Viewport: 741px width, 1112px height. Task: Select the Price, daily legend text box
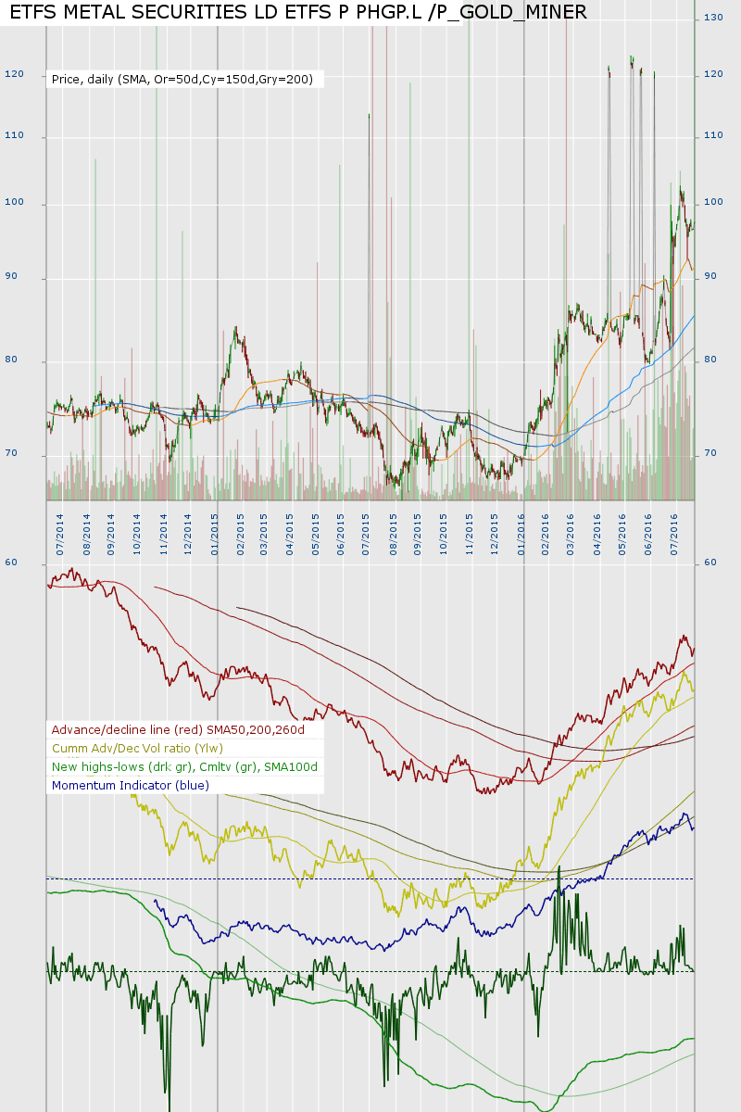tap(184, 80)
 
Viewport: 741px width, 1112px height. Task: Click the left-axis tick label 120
tap(14, 74)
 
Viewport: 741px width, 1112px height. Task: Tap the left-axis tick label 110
tap(14, 136)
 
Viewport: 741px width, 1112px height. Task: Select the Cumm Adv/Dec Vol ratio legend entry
tap(137, 749)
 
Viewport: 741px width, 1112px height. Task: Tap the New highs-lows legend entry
tap(184, 767)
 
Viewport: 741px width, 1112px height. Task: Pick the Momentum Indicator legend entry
tap(130, 786)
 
